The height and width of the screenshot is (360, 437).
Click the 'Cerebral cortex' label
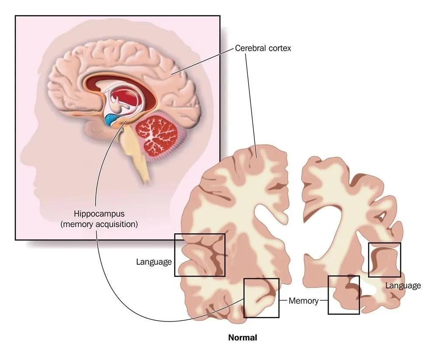(263, 48)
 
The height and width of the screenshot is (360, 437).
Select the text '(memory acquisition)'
(99, 224)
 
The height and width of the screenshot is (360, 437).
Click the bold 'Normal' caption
(243, 338)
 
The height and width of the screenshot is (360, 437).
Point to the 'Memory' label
(304, 301)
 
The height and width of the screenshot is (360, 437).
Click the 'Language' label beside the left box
(154, 262)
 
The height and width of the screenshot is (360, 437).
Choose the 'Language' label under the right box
(403, 286)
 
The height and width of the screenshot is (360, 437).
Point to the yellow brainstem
(135, 153)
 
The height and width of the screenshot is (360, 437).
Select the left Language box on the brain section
(200, 255)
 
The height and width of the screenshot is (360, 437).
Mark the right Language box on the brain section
(384, 260)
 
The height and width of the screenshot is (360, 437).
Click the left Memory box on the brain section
(261, 298)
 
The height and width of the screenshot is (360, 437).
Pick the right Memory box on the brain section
(343, 295)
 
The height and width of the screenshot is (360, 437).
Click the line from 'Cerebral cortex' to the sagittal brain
(202, 61)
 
